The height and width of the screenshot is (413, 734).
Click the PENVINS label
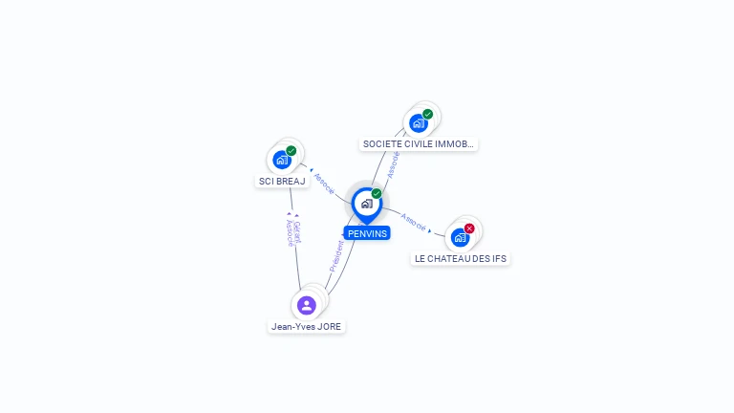(367, 233)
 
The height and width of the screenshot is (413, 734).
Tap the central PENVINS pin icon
(367, 204)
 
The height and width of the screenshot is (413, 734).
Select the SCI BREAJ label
(282, 181)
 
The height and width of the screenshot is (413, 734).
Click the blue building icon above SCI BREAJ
(282, 160)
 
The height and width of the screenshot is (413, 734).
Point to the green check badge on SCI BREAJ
(291, 150)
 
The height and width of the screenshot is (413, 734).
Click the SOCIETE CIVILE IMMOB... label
(419, 144)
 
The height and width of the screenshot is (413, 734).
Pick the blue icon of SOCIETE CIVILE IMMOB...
(419, 122)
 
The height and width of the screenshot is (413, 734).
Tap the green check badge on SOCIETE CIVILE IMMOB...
(428, 114)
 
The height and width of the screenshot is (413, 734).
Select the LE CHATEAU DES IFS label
(461, 258)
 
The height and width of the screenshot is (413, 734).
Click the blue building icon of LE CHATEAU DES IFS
(461, 237)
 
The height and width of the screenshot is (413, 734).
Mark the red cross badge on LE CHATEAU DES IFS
(469, 228)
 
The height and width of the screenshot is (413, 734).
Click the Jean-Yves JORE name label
(307, 326)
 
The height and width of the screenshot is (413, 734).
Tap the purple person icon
(307, 305)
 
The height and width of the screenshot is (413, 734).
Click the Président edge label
(336, 256)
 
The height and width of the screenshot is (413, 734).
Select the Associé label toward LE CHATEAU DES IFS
(414, 221)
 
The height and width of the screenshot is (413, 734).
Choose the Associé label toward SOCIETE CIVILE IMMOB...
(394, 164)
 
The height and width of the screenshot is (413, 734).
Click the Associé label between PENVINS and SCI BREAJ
(325, 183)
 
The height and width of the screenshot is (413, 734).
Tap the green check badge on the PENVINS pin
(377, 194)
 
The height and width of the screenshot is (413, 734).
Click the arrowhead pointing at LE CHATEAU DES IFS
(430, 230)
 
